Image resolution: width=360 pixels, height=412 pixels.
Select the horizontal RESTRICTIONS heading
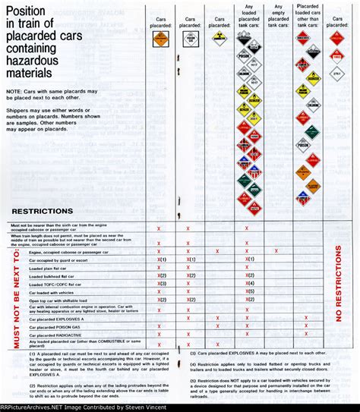click(x=43, y=211)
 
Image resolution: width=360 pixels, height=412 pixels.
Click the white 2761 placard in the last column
click(x=337, y=73)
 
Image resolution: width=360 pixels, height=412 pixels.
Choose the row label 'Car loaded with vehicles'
click(x=53, y=291)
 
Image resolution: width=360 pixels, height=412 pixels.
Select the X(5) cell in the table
click(x=248, y=291)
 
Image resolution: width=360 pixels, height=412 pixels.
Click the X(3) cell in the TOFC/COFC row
click(x=160, y=283)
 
